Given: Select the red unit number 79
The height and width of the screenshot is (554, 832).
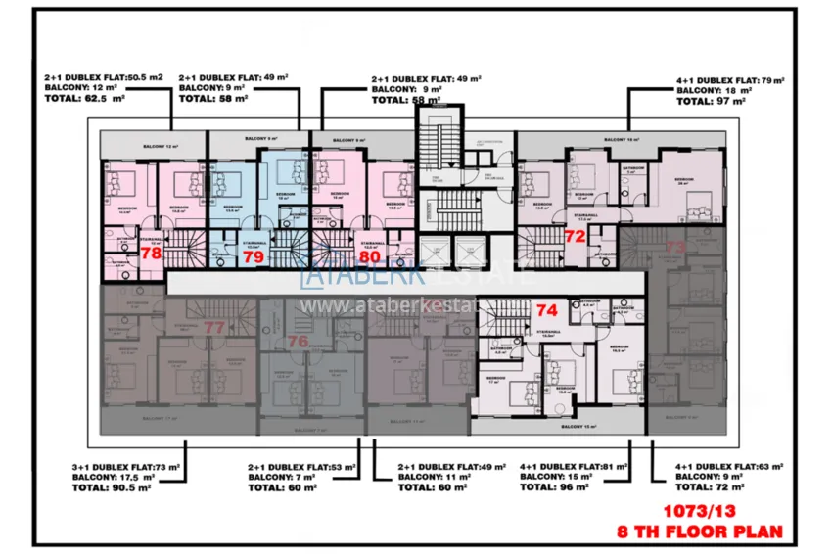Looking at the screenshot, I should (254, 257).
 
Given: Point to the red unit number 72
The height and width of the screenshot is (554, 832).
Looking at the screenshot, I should (575, 236).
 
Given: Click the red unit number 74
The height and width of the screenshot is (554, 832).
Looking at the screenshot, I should (546, 309).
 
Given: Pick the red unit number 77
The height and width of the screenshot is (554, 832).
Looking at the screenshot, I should (214, 327).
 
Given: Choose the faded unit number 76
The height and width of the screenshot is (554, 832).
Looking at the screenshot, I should (299, 341).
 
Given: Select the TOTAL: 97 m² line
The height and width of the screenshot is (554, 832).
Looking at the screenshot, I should (712, 100).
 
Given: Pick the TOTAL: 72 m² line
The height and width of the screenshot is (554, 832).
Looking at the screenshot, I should (709, 486).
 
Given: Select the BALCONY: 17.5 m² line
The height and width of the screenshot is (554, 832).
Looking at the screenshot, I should (116, 477).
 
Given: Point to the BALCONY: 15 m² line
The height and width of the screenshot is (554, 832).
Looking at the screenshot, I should (558, 477).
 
